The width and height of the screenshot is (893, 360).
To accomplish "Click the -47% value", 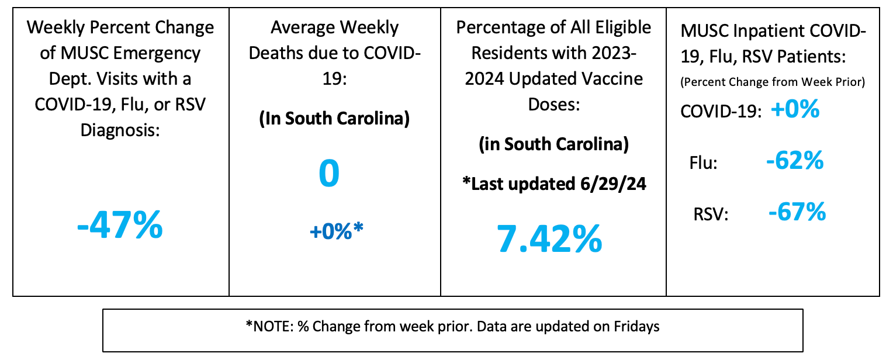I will coord(120,226).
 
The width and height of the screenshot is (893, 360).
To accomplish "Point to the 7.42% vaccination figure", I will coord(549,238).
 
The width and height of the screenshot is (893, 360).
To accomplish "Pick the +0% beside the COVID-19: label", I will coord(794,110).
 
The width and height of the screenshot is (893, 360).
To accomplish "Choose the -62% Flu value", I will coord(795,160).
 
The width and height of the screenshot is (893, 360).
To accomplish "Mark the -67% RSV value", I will coord(797,212).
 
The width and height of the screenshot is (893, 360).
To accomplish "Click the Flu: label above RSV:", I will coord(704,163).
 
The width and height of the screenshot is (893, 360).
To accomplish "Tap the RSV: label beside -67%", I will coord(709,214).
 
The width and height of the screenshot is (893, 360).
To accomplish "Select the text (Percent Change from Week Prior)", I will coord(772,82).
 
